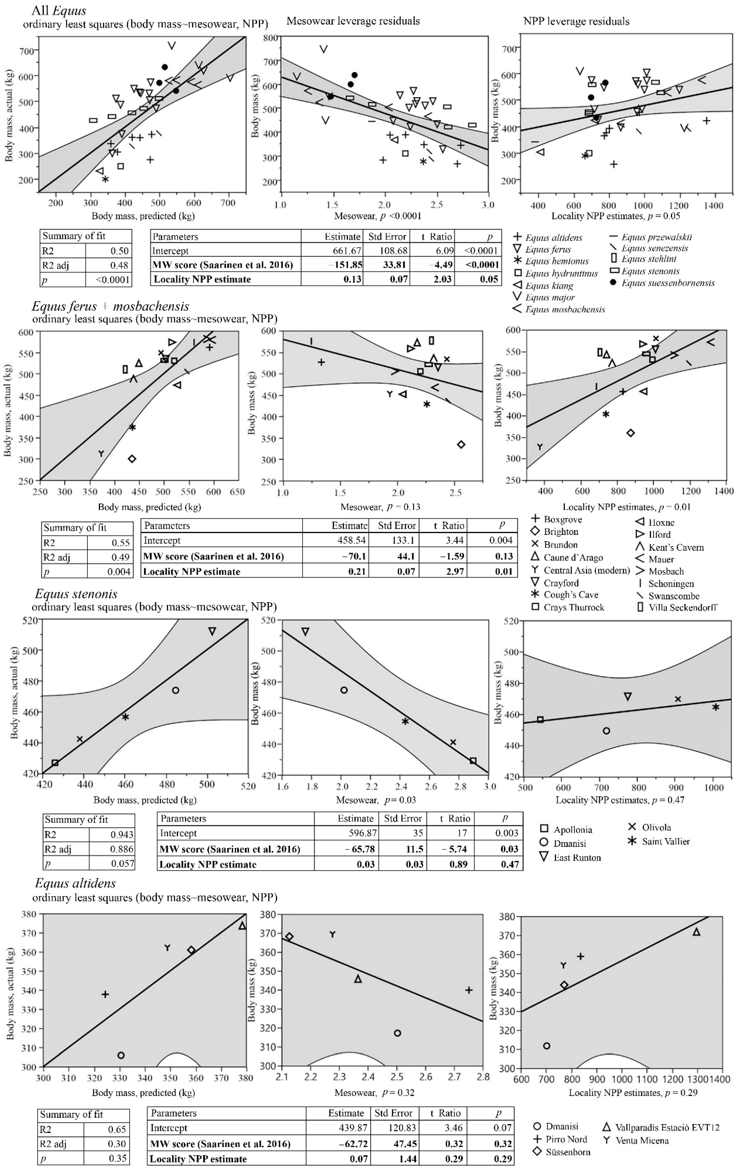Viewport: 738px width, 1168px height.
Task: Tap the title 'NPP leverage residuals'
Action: tap(576, 21)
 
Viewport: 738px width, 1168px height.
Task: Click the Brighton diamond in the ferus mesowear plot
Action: tap(461, 444)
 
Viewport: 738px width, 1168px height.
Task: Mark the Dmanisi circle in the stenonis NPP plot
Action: tap(606, 730)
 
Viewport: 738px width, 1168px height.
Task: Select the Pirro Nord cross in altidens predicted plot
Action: tap(105, 994)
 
